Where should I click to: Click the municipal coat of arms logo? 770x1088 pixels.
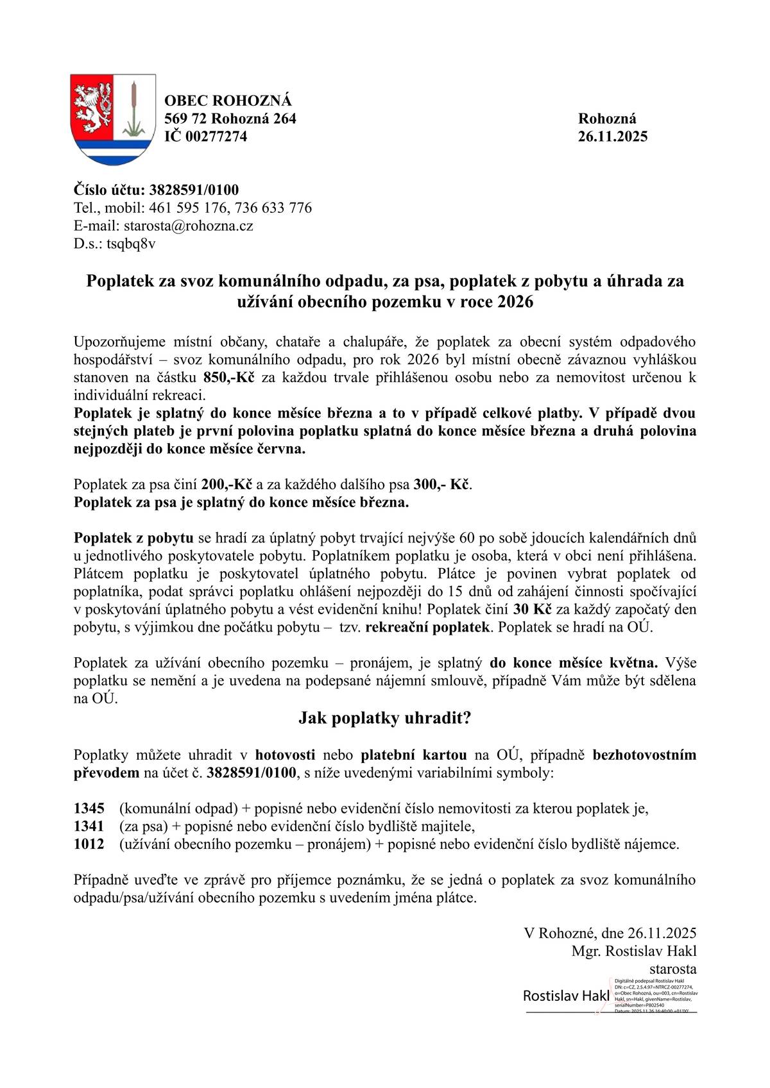[x=113, y=119]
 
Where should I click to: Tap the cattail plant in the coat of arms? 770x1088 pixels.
[x=134, y=109]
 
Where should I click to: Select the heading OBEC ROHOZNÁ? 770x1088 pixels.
[x=228, y=101]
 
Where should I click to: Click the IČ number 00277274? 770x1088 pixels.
[x=216, y=137]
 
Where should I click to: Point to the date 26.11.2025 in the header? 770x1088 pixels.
[x=613, y=137]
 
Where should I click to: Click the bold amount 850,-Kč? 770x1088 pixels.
[x=229, y=377]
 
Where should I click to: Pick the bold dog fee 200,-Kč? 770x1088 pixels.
[x=227, y=484]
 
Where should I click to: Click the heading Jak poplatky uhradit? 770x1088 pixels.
[x=384, y=718]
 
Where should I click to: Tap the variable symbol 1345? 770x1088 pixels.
[x=89, y=808]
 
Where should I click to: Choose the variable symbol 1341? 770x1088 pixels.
[x=89, y=826]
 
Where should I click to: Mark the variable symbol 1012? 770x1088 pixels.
[x=89, y=844]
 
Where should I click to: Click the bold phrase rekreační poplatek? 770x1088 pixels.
[x=427, y=627]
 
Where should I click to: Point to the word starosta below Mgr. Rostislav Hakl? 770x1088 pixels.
[x=672, y=969]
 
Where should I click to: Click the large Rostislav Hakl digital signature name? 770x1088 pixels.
[x=566, y=996]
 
